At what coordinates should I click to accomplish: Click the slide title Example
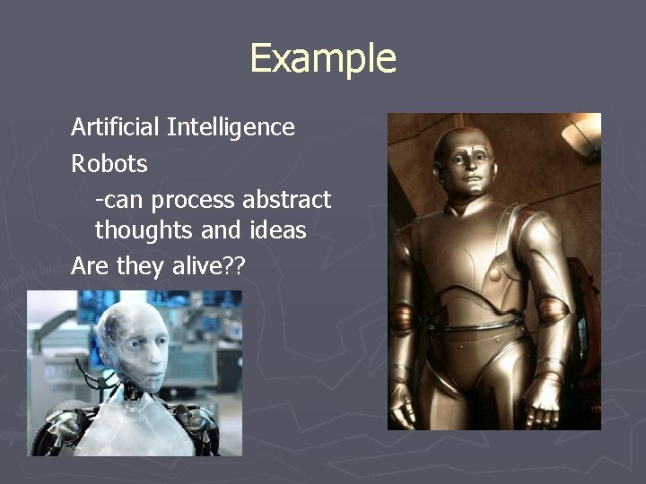click(x=322, y=58)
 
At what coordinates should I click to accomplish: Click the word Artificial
click(x=116, y=127)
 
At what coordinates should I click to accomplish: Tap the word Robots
click(x=109, y=165)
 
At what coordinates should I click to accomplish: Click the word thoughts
click(x=144, y=231)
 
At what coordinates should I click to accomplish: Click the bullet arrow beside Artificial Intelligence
click(x=56, y=128)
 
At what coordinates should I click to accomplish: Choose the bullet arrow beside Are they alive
click(x=56, y=267)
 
